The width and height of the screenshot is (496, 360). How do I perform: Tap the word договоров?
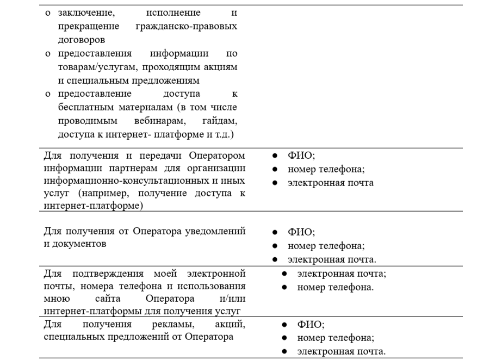[x=82, y=40]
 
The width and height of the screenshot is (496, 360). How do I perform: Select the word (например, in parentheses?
[x=95, y=194]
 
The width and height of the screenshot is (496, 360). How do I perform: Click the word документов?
[x=75, y=244]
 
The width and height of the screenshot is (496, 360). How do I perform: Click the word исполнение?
[x=173, y=13]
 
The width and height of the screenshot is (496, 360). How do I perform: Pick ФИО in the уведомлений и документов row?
[x=300, y=232]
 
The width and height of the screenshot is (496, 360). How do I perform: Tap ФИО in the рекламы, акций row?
[x=309, y=325]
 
